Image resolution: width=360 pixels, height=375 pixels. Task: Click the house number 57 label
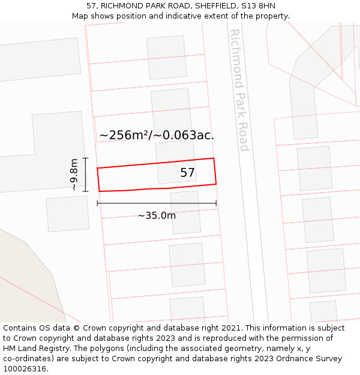188,173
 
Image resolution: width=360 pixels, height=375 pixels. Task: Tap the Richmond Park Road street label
239,90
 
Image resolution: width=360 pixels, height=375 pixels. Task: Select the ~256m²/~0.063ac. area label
157,136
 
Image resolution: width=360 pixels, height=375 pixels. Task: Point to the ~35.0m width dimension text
157,215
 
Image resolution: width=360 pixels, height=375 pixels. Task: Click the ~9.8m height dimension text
74,175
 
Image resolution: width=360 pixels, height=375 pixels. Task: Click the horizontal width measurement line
157,203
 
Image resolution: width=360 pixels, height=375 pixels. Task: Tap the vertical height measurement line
86,175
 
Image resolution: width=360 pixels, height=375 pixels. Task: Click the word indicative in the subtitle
184,16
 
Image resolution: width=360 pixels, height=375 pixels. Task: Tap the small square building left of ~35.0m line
67,214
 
